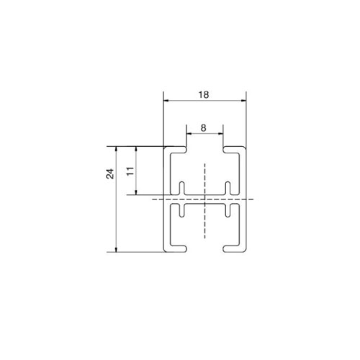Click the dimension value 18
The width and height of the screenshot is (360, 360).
click(x=204, y=95)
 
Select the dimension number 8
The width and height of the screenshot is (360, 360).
click(x=203, y=128)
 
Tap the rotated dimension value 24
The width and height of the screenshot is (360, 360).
click(x=110, y=174)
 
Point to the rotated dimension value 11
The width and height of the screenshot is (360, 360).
click(x=130, y=171)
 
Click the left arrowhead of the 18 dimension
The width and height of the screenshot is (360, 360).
click(x=166, y=101)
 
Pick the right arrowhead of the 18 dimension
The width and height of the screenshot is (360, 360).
click(x=243, y=101)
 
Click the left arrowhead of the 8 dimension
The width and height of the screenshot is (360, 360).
click(x=189, y=134)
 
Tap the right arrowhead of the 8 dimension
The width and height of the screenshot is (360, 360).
click(x=220, y=134)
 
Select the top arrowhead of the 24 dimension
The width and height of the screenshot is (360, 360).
click(x=117, y=149)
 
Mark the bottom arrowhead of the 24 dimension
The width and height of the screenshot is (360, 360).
click(x=117, y=249)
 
